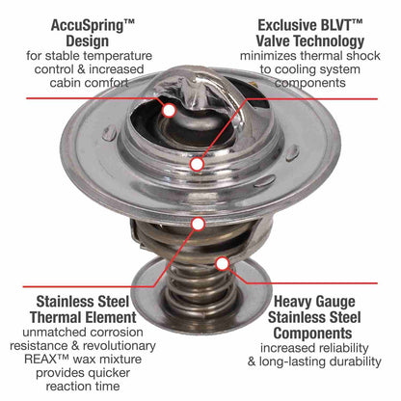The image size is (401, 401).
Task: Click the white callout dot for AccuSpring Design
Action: tap(169, 110)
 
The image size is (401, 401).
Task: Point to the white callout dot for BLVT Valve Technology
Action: tap(197, 164)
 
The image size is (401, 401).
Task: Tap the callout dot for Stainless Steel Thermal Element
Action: tap(198, 224)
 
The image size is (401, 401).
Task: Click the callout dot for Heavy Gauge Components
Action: tap(222, 264)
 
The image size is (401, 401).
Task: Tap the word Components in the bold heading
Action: tap(312, 334)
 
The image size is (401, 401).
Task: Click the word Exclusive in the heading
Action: tap(282, 25)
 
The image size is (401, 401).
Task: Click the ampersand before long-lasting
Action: tap(252, 361)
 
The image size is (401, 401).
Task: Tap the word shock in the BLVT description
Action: tap(363, 56)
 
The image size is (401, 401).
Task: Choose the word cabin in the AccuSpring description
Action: tap(64, 83)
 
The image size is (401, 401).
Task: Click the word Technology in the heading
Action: tap(329, 41)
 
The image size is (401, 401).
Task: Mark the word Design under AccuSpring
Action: tap(87, 41)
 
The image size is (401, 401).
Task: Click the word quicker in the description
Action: tap(109, 373)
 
